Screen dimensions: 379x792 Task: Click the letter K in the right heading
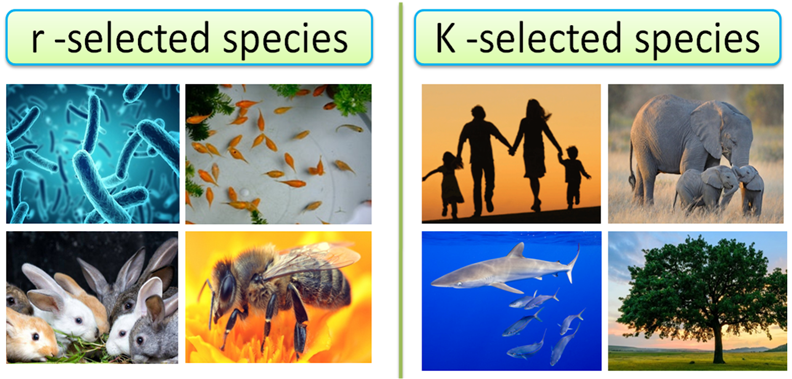click(445, 39)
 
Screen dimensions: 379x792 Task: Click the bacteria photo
click(93, 154)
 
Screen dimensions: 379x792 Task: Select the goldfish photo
click(278, 154)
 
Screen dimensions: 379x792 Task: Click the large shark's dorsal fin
click(516, 251)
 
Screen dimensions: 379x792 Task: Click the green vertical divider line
click(400, 198)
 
